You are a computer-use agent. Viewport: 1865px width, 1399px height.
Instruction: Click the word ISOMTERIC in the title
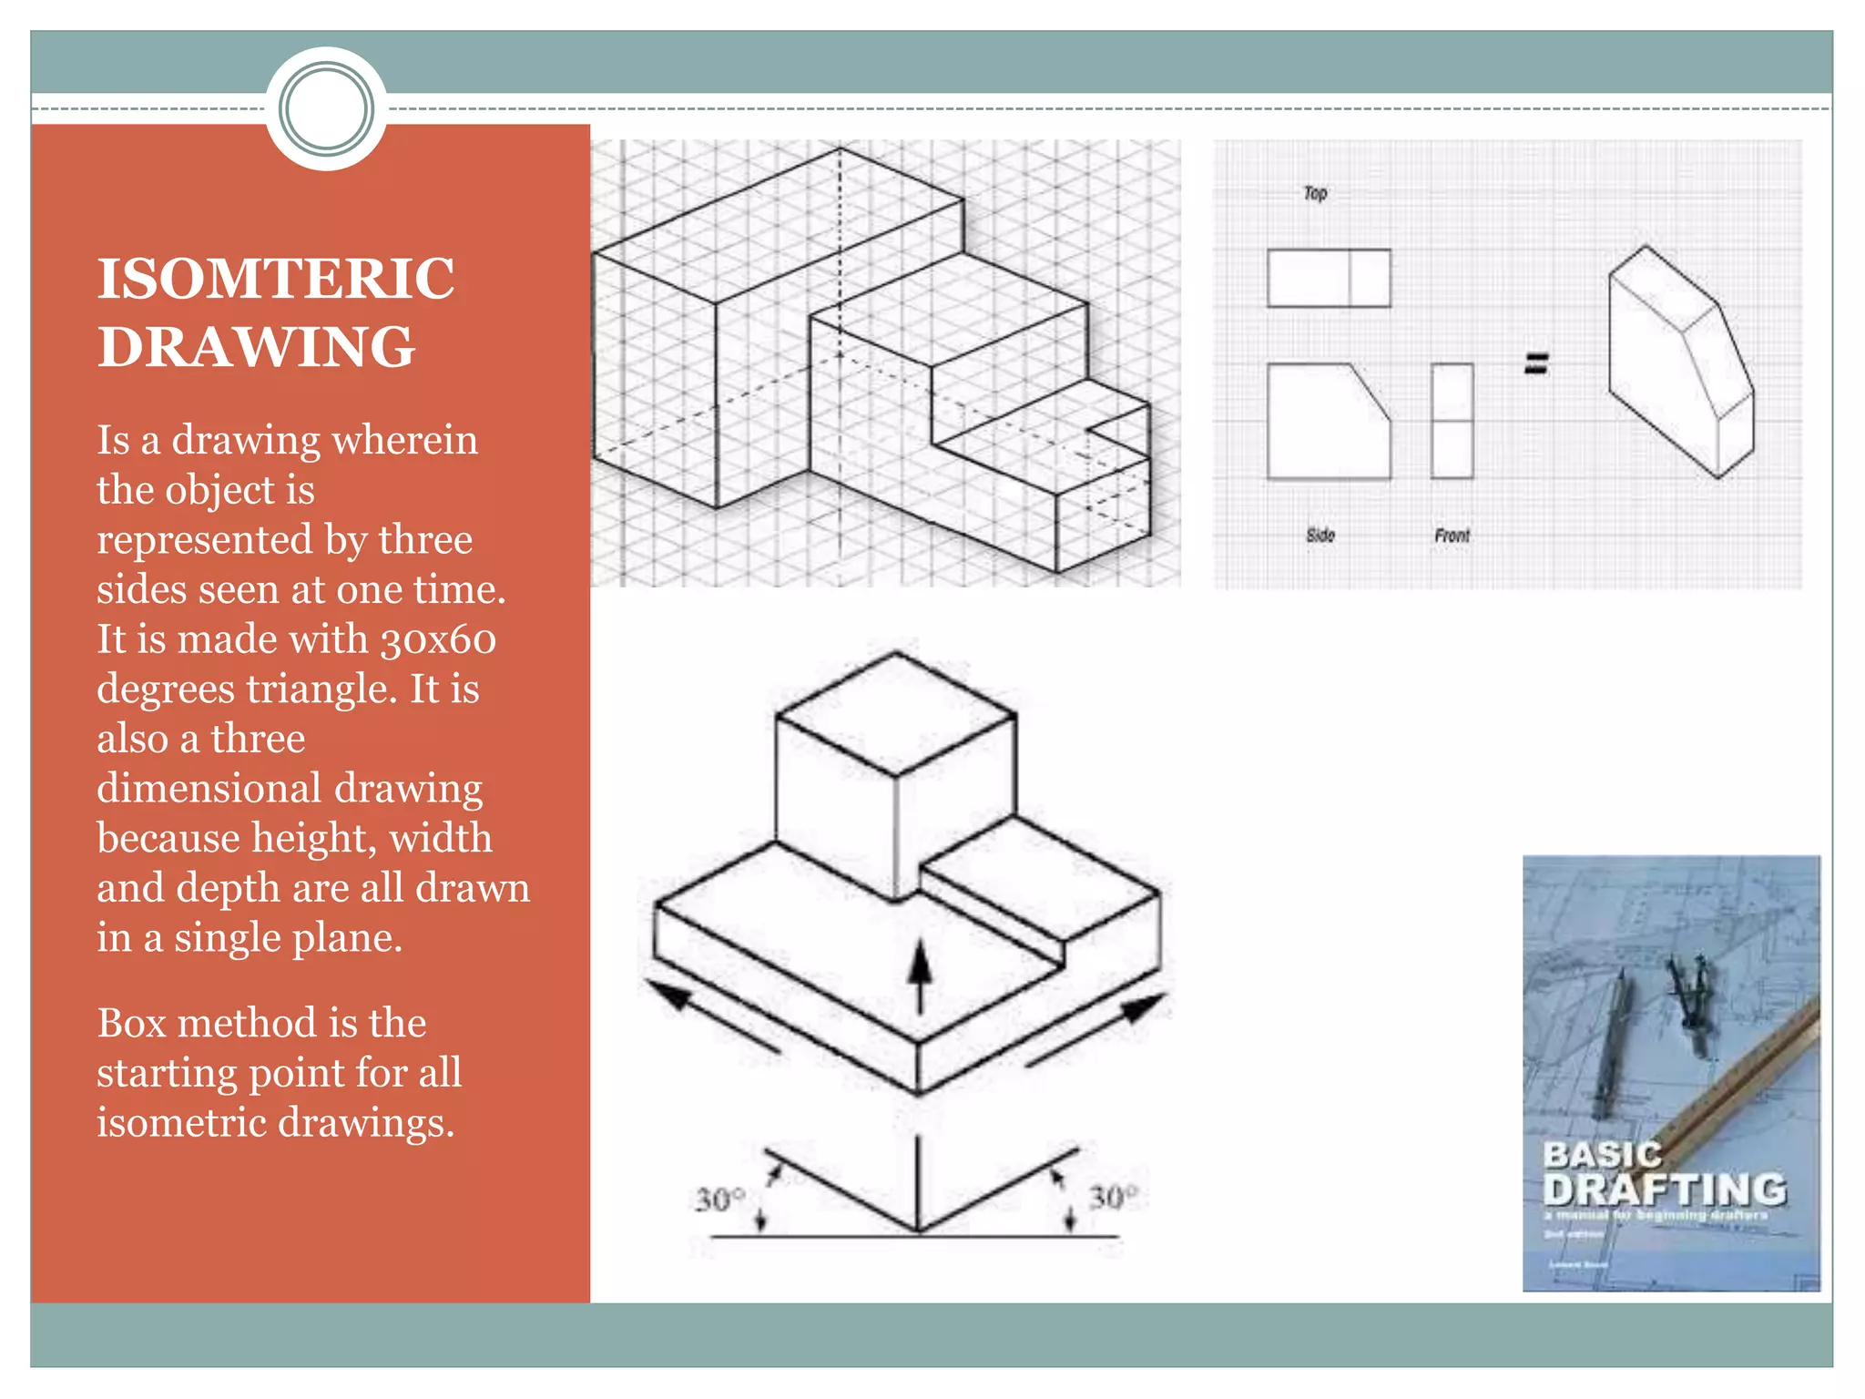click(x=276, y=279)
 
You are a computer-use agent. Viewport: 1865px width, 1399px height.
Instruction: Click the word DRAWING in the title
click(x=256, y=347)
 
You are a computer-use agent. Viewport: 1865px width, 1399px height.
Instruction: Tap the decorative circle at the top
click(x=326, y=109)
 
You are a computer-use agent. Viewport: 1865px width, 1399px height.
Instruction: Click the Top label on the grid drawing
click(x=1315, y=193)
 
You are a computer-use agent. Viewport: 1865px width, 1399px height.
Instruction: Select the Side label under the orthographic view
click(x=1320, y=536)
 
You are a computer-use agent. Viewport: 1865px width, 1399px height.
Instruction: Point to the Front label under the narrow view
click(x=1452, y=536)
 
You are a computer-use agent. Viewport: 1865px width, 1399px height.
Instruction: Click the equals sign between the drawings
click(x=1536, y=364)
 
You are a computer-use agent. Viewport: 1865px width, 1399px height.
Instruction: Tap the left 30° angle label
click(x=720, y=1199)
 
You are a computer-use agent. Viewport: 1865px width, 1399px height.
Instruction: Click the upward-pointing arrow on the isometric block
click(x=921, y=975)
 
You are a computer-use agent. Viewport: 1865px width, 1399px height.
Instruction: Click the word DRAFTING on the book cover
click(x=1665, y=1190)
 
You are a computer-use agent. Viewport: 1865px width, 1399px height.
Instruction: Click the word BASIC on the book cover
click(x=1602, y=1155)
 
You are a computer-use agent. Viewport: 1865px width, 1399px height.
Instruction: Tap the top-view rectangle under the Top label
click(x=1329, y=278)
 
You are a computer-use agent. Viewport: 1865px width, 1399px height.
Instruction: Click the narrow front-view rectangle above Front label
click(x=1452, y=421)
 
